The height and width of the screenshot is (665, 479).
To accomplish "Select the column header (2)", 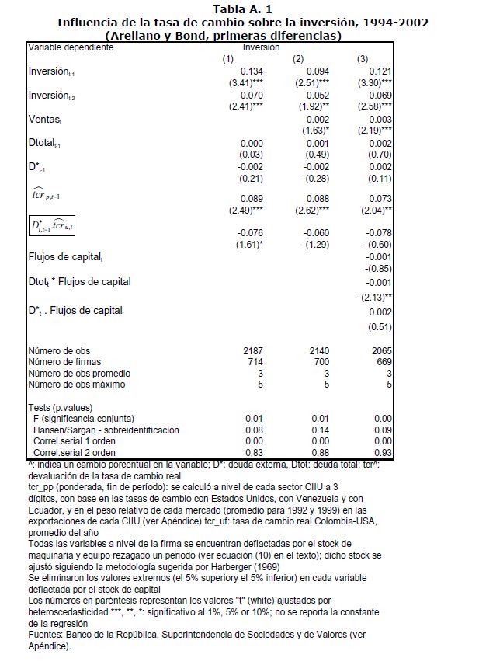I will click(298, 59).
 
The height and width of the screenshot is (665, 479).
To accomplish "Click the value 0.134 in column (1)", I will click(253, 71).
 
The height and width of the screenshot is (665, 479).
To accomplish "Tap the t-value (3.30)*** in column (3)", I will click(373, 82).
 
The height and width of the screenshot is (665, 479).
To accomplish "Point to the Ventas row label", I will click(45, 120).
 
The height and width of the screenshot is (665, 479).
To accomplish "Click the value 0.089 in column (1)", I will click(253, 198).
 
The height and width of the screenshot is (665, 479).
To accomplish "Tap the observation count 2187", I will click(254, 351).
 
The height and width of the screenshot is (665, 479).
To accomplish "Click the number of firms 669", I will click(380, 362).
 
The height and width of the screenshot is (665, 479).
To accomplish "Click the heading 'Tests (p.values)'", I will click(61, 407).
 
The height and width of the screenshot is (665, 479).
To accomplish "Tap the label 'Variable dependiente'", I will click(71, 48).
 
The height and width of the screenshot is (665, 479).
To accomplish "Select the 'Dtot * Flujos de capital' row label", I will click(79, 281).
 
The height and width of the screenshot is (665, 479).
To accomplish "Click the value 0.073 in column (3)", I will click(379, 198).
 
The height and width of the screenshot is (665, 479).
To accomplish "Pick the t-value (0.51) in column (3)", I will click(377, 326).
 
